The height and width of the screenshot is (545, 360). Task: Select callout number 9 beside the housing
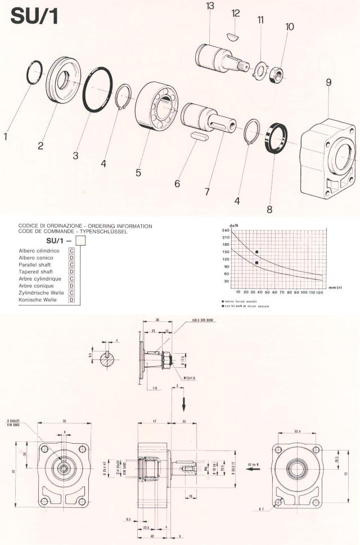point(328,82)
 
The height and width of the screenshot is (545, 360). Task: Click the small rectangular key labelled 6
point(200,136)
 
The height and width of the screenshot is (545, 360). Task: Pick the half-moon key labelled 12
point(232,36)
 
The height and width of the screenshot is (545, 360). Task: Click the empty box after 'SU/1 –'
point(80,241)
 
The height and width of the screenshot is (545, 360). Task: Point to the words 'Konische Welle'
point(37,300)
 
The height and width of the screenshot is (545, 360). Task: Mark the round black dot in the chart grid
point(256,252)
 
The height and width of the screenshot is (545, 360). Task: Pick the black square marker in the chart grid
point(256,263)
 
